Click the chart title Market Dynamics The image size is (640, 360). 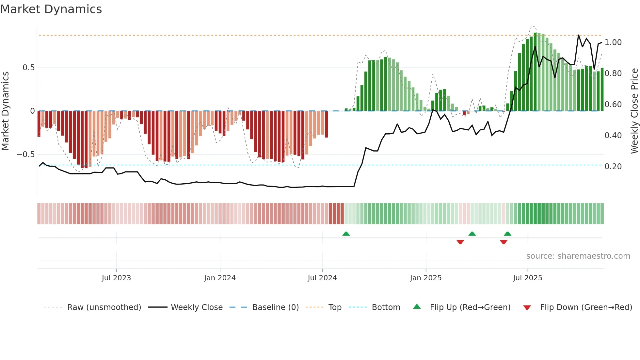pos(51,9)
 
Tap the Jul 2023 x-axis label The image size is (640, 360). pos(116,278)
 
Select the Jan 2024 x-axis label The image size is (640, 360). pos(220,278)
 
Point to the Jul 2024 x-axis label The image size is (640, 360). pos(322,278)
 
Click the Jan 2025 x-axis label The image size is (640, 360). pos(426,278)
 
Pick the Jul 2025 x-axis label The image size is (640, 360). pos(528,278)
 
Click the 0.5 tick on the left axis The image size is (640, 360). pos(28,68)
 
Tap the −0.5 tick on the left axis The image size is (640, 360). pos(26,155)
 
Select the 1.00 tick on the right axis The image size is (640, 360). pos(613,42)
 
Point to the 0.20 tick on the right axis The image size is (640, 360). pos(613,167)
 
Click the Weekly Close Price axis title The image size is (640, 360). pos(634,111)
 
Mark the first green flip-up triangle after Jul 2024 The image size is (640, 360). pos(346,234)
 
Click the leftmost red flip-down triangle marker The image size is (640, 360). pos(460,242)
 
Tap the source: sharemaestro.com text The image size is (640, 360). pos(578,256)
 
